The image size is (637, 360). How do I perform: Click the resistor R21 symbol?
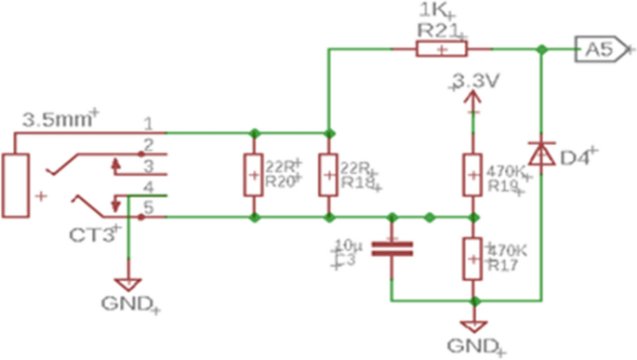(441, 50)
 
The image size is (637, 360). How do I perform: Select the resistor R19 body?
(472, 174)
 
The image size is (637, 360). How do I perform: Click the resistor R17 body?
(472, 259)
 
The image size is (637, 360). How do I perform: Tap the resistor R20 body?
(253, 174)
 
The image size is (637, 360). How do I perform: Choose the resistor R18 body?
(327, 174)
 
